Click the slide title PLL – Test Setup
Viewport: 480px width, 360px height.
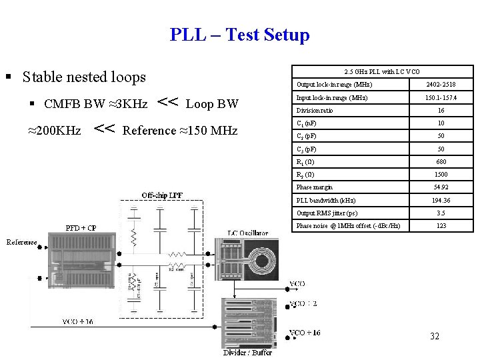click(240, 35)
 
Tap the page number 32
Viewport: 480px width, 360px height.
click(434, 336)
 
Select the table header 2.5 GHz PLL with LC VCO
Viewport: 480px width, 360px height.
click(382, 71)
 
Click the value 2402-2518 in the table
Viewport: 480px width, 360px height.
click(441, 85)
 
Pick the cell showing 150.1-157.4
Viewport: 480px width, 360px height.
click(441, 97)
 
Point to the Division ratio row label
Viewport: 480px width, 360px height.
click(315, 111)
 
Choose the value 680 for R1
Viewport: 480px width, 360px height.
click(441, 162)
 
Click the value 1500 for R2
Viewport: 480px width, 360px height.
click(441, 175)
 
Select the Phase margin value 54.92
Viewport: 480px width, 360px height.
click(441, 187)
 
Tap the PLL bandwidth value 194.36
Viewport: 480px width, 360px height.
click(441, 200)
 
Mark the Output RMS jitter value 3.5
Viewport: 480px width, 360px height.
click(441, 213)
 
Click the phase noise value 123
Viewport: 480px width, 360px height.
click(441, 226)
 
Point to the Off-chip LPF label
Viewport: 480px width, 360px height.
click(162, 195)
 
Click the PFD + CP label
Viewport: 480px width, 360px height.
click(81, 228)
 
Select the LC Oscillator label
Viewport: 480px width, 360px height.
click(248, 233)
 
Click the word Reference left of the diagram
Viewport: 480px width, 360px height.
click(22, 243)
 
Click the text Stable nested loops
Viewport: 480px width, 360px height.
click(84, 77)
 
